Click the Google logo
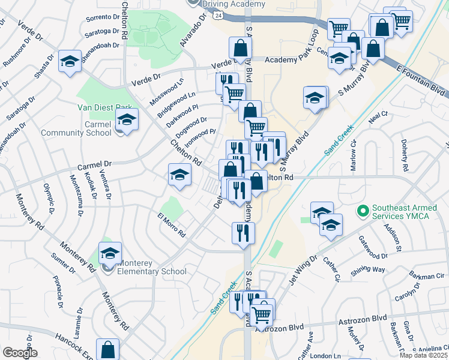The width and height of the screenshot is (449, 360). (20, 353)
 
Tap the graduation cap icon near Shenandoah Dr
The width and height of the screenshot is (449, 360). (70, 62)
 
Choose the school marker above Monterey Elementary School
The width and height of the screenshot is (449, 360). (110, 253)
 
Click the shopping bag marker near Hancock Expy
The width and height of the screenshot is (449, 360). (107, 349)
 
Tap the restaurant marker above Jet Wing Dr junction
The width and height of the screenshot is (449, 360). (243, 233)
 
